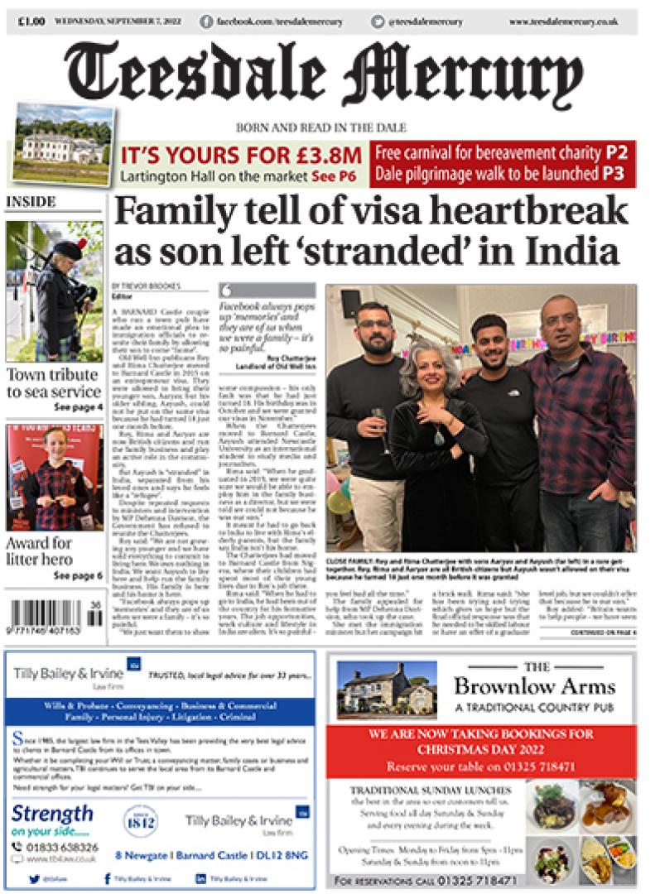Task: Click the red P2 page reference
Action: tap(615, 153)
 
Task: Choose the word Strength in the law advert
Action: tap(51, 813)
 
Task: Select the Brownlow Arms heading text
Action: tap(534, 686)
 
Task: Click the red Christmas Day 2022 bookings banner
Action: tap(481, 750)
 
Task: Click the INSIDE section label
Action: tap(30, 202)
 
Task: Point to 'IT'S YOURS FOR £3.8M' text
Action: tap(241, 155)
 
